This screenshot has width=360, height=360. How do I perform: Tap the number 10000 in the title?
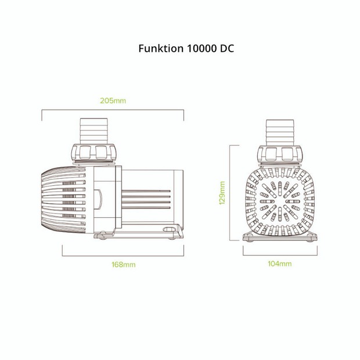click(198, 49)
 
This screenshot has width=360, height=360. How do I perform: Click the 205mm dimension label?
click(113, 100)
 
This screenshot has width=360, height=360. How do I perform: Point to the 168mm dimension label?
click(123, 264)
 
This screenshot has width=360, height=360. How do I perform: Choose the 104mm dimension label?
click(280, 264)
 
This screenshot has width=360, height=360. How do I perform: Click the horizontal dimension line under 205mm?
click(113, 109)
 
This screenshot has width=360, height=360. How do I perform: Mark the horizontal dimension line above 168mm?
click(123, 254)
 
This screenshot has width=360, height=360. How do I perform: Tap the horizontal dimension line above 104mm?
click(280, 254)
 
